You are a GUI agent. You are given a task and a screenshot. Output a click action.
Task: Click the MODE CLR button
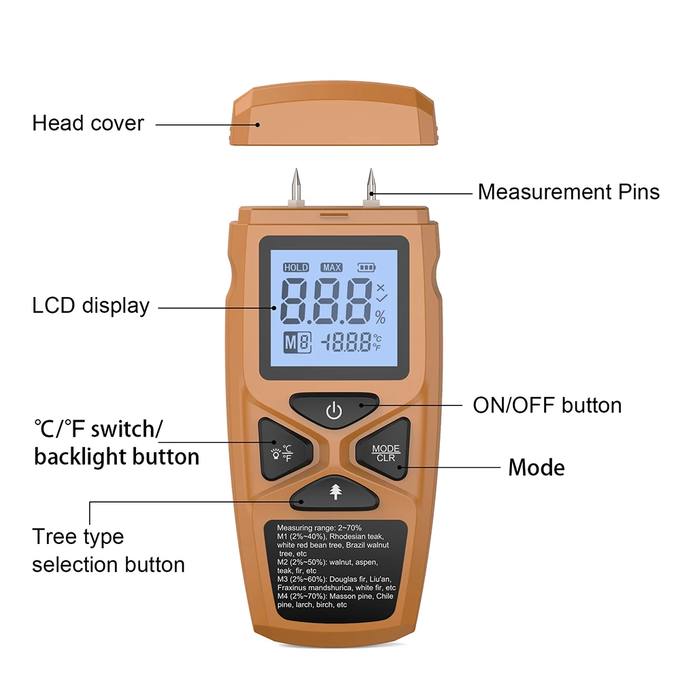tap(384, 450)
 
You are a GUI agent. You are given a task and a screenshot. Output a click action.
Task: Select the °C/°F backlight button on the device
tap(284, 450)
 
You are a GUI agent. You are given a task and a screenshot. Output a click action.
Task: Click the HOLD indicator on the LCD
tap(296, 267)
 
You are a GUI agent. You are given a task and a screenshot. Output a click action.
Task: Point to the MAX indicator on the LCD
tap(332, 267)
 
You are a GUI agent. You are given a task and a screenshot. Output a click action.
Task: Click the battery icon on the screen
tap(367, 267)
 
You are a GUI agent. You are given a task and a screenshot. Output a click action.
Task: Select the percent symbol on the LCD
tap(380, 318)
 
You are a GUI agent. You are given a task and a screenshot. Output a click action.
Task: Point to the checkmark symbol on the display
tap(381, 299)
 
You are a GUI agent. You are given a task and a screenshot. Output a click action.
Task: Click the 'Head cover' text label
tap(88, 123)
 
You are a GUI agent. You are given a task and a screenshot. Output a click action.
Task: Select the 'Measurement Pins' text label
tap(568, 192)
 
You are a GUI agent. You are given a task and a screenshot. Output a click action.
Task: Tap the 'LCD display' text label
tap(90, 306)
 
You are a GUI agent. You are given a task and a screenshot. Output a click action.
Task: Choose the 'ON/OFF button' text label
tap(547, 405)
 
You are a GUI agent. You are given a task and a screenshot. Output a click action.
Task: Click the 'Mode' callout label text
tap(537, 468)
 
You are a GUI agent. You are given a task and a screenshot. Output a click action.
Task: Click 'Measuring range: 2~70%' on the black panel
tap(319, 528)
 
